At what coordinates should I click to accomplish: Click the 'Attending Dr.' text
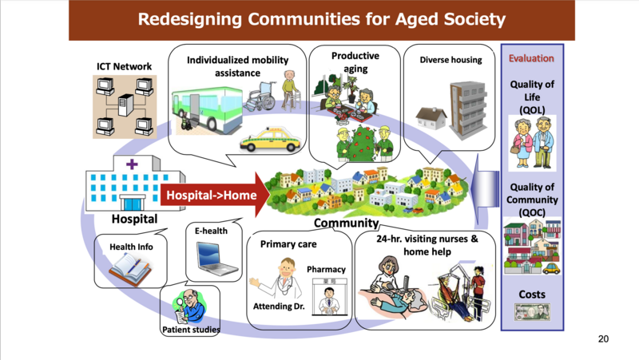(x=278, y=307)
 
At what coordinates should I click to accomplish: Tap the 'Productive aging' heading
(x=343, y=61)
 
